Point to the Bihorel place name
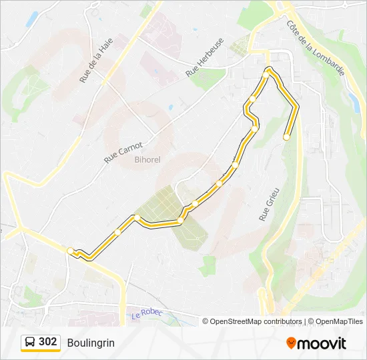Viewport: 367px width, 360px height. tap(147, 159)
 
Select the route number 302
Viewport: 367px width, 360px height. tap(47, 342)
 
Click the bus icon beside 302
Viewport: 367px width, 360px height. tap(30, 343)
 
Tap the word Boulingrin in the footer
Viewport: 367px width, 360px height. tap(91, 343)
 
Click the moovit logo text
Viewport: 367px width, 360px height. tap(322, 343)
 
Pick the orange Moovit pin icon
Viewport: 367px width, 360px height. tap(291, 343)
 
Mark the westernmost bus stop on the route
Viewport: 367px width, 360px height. tap(70, 251)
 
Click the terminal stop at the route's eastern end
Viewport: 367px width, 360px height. tap(286, 137)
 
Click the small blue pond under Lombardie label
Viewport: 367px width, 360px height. tap(353, 100)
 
